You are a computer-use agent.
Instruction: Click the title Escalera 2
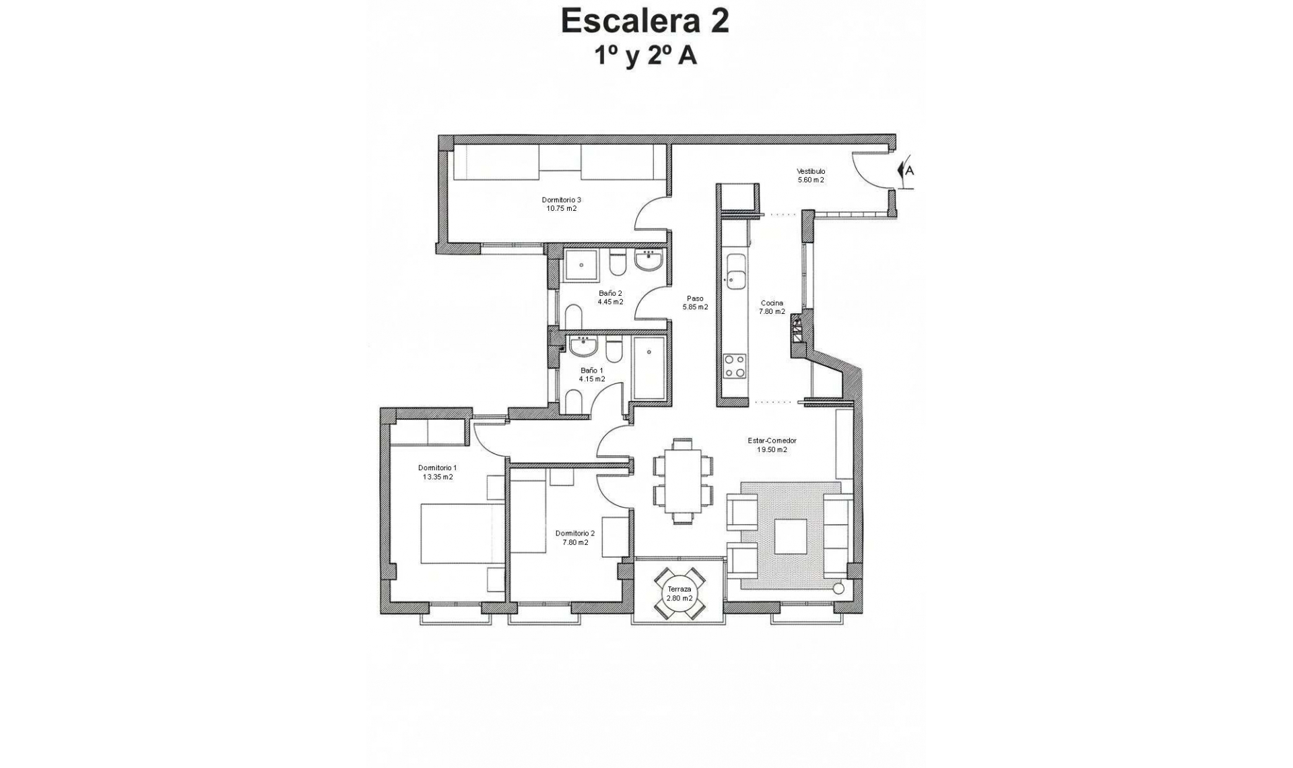tap(644, 22)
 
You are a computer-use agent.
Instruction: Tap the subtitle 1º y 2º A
tap(644, 57)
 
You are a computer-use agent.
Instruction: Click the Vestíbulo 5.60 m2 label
tap(811, 176)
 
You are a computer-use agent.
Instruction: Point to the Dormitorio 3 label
tap(561, 204)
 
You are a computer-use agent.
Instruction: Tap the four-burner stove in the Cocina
tap(734, 366)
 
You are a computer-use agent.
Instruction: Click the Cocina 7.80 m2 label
tap(772, 307)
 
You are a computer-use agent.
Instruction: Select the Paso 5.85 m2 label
tap(695, 302)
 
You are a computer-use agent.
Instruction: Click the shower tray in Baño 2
tap(581, 265)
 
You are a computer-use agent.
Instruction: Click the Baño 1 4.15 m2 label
tap(592, 375)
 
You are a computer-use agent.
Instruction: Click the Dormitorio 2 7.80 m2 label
tap(574, 538)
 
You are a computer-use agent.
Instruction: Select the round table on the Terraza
tap(679, 594)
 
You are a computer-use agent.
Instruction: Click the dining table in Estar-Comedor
tap(683, 480)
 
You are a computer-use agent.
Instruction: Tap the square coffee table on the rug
tap(791, 536)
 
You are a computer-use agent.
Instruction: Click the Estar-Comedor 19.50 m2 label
tap(772, 445)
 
